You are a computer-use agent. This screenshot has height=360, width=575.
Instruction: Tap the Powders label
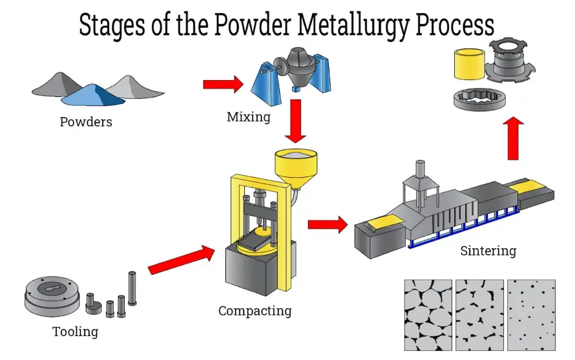coord(86,122)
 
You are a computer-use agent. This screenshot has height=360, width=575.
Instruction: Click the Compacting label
coord(255,311)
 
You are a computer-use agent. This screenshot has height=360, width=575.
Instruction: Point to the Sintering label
coord(488,250)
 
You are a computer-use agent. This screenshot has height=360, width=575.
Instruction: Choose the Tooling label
coord(75,332)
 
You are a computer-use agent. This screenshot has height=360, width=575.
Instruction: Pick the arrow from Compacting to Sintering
coord(328,224)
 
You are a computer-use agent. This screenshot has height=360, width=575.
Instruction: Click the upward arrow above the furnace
coord(513,138)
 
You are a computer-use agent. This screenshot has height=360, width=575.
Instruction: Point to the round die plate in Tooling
coord(51,297)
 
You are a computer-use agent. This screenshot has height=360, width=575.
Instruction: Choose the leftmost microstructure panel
coord(427,315)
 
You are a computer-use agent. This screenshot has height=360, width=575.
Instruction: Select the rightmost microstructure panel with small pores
coord(531,315)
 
